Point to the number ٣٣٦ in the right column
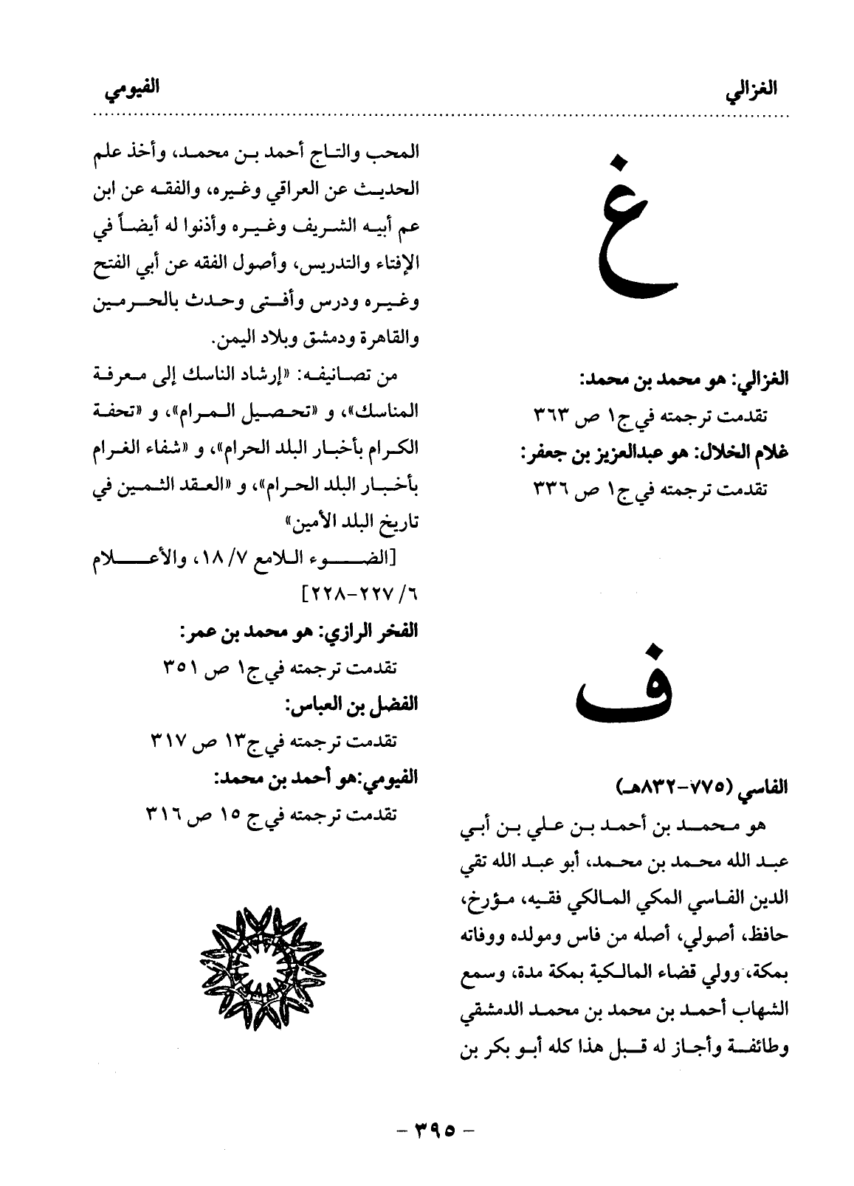click(x=555, y=488)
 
